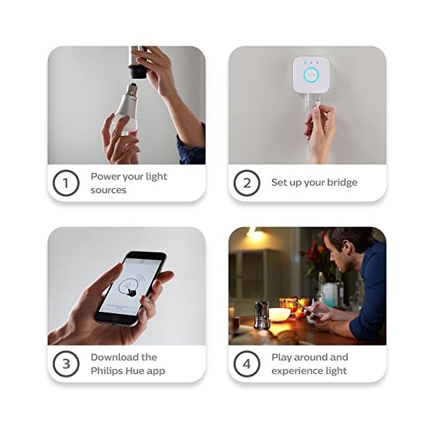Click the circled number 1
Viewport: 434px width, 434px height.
66,183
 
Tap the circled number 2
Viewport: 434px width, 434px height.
247,183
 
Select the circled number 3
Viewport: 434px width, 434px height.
66,364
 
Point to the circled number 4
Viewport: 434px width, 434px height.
247,364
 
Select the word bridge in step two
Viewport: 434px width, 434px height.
340,183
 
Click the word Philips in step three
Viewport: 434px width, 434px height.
107,371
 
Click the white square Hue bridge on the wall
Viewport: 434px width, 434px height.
312,72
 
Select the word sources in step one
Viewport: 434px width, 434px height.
109,190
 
